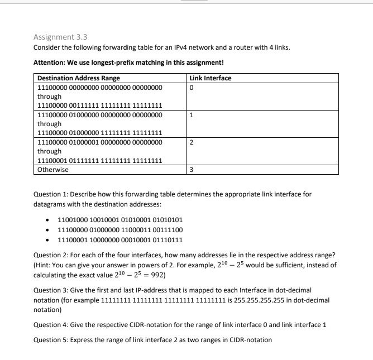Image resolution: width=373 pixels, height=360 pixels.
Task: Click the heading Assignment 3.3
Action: (x=60, y=37)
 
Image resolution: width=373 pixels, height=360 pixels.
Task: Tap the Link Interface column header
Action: (x=211, y=78)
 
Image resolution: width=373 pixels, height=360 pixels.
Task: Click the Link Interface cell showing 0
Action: (x=192, y=88)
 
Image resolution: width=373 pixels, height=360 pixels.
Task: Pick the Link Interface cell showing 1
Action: (x=192, y=116)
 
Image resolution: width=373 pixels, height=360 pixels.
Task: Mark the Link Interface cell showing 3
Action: (x=192, y=170)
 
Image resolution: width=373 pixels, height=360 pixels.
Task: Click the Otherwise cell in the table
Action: (x=53, y=170)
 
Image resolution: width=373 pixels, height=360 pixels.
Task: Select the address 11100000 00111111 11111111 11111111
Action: (x=99, y=105)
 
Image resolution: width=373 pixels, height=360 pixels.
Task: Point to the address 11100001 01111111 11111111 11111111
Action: (x=99, y=160)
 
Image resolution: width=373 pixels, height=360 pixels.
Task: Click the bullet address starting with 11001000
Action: (x=120, y=220)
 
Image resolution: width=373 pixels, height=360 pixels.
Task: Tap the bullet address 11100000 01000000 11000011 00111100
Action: (x=120, y=229)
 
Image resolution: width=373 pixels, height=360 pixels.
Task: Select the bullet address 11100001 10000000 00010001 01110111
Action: (x=120, y=239)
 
